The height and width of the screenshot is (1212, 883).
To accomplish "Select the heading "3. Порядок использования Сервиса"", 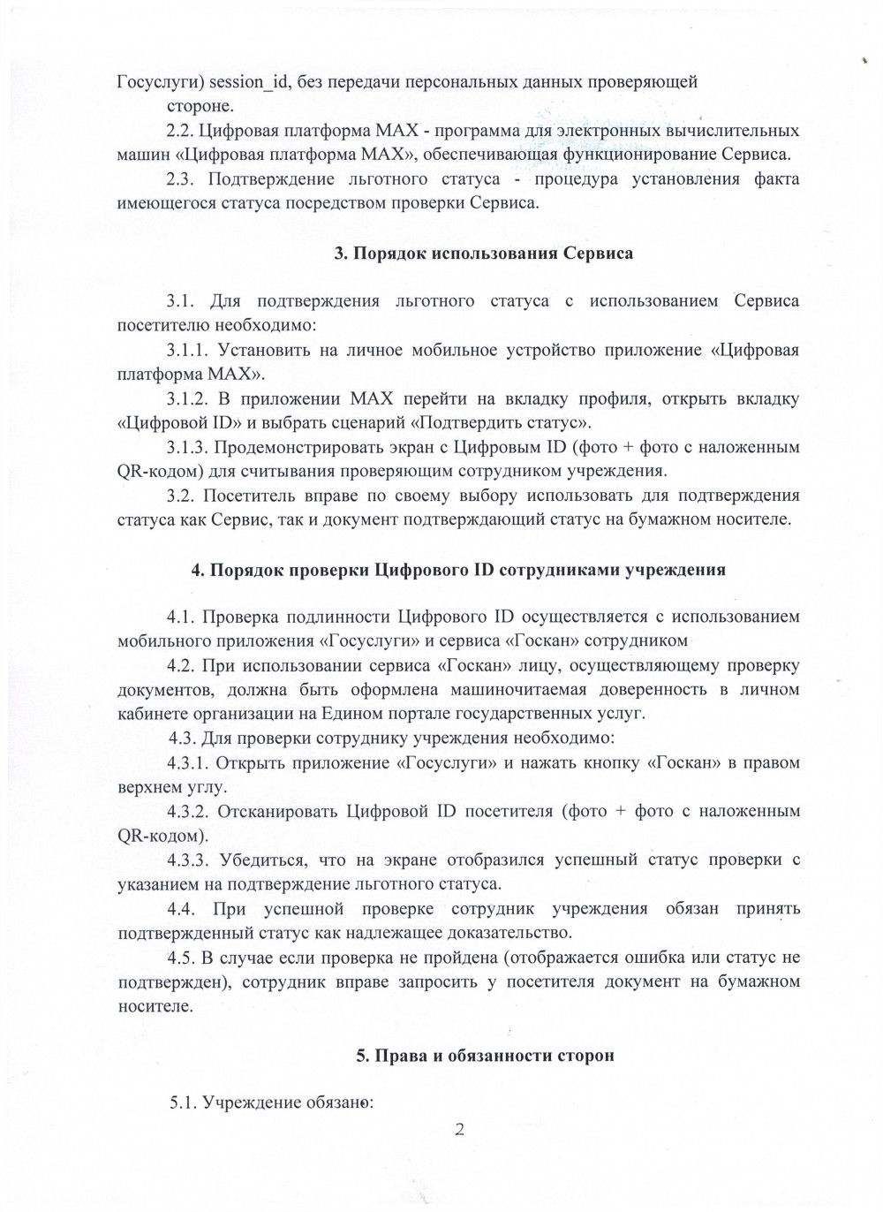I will pyautogui.click(x=483, y=254).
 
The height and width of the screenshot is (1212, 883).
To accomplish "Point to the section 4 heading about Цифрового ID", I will pyautogui.click(x=458, y=570).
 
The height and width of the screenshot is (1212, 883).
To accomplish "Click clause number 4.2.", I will pyautogui.click(x=182, y=665).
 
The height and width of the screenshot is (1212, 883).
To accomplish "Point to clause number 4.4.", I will pyautogui.click(x=182, y=909).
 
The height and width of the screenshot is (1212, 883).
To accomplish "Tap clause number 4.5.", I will pyautogui.click(x=182, y=958).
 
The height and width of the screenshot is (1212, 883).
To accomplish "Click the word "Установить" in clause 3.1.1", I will pyautogui.click(x=264, y=351).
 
